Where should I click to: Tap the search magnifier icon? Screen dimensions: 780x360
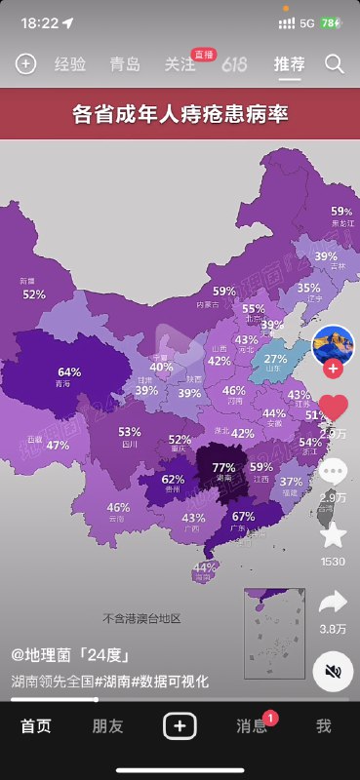[x=335, y=64]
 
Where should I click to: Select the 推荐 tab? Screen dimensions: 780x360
[x=289, y=64]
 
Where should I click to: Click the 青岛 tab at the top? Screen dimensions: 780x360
[x=125, y=64]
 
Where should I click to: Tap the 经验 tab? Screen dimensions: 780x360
[x=70, y=64]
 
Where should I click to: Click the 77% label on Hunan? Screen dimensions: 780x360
[x=223, y=467]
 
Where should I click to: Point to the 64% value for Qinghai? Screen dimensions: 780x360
[x=69, y=372]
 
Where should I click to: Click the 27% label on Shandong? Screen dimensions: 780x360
[x=276, y=359]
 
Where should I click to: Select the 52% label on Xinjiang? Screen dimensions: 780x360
[x=34, y=293]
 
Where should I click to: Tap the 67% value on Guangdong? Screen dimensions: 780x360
[x=243, y=517]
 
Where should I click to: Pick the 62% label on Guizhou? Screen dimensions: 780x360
[x=173, y=479]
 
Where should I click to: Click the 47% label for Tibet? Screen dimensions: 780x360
[x=58, y=446]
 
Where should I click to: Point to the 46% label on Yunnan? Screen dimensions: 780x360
[x=118, y=507]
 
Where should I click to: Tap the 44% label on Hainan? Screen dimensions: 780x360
[x=204, y=567]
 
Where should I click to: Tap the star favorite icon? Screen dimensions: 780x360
[x=334, y=534]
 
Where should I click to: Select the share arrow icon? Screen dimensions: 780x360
[x=334, y=602]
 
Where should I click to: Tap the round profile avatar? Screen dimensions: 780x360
[x=333, y=344]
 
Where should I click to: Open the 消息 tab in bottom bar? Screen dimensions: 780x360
[x=252, y=725]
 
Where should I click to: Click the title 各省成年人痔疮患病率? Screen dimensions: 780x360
[x=180, y=114]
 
